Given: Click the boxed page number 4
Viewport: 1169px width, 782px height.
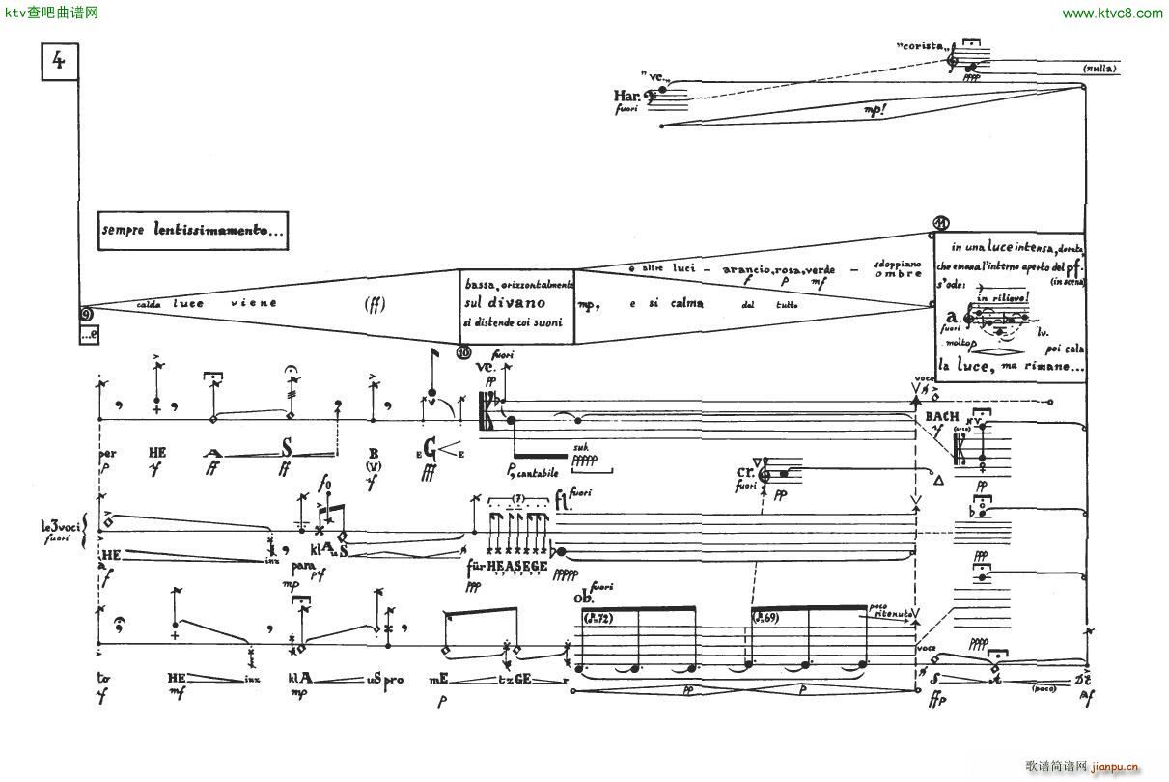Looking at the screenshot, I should pyautogui.click(x=59, y=63).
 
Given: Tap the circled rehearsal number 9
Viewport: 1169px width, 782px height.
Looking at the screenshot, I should pyautogui.click(x=86, y=313).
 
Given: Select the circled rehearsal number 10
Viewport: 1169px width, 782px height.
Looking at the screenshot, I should pyautogui.click(x=463, y=353).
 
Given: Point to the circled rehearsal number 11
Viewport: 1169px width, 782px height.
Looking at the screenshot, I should pyautogui.click(x=943, y=225).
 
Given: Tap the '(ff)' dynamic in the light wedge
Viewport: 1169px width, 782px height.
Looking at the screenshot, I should pyautogui.click(x=376, y=304).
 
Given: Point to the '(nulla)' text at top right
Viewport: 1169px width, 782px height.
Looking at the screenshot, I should pyautogui.click(x=1099, y=69).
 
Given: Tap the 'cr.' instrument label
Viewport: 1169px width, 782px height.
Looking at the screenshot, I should pyautogui.click(x=745, y=474).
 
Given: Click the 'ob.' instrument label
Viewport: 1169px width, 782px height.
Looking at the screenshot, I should pyautogui.click(x=584, y=598).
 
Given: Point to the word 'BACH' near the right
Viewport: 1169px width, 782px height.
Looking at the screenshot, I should pyautogui.click(x=941, y=416).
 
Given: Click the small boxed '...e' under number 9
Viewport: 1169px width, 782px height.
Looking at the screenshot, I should pyautogui.click(x=90, y=335).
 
